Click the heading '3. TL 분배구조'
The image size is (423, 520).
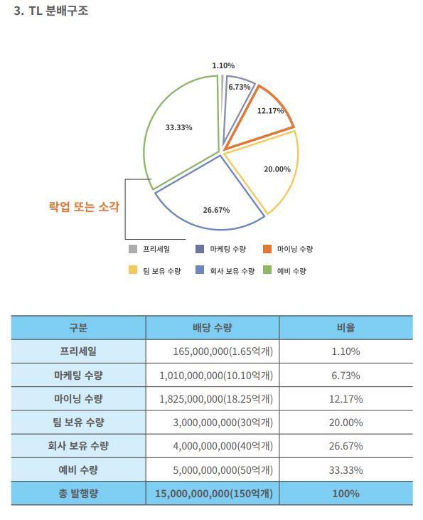pos(51,11)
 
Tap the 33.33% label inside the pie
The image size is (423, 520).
pos(178,127)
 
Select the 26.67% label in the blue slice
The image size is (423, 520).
pos(216,210)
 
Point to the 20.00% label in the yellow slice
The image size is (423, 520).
pos(277,169)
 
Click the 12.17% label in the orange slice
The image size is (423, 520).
pos(271,111)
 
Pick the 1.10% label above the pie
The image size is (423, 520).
pos(223,65)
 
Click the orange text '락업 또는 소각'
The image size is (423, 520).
pos(84,206)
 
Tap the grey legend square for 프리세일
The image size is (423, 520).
pos(133,249)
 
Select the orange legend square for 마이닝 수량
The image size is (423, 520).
pos(267,249)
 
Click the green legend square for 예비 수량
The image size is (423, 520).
pos(267,270)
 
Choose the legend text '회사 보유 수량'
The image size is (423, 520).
pos(232,271)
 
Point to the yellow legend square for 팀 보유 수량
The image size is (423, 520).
pos(133,270)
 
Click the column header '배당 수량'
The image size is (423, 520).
pos(213,328)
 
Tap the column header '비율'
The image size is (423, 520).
pos(346,328)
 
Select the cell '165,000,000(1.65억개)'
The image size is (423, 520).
pos(223,351)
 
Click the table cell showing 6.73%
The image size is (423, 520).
pos(346,376)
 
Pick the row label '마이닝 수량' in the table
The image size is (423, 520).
pos(79,398)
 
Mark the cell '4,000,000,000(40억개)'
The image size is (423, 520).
pos(223,446)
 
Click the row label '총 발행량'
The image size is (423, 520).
pos(79,494)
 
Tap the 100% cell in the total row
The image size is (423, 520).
pos(346,494)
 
